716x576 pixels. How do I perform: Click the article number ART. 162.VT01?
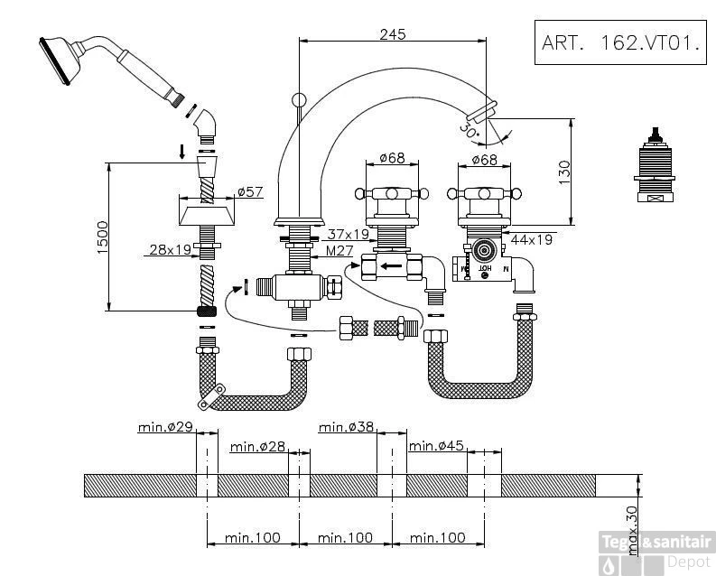619,42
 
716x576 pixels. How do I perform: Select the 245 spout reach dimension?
393,33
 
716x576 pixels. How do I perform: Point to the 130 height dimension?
564,170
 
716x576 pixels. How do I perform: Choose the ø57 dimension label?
249,191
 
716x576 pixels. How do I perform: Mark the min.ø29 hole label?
165,427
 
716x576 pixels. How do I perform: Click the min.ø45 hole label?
437,445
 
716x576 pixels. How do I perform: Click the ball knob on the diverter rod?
300,99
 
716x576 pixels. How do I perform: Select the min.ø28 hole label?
257,445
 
